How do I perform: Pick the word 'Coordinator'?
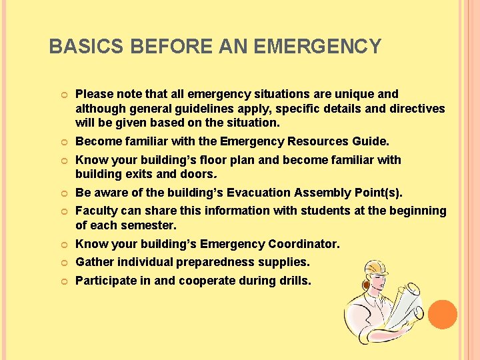[304, 244]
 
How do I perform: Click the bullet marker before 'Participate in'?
[61, 281]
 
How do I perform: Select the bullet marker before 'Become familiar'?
[61, 142]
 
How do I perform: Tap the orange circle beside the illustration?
[443, 314]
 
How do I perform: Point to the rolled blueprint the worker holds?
[405, 307]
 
